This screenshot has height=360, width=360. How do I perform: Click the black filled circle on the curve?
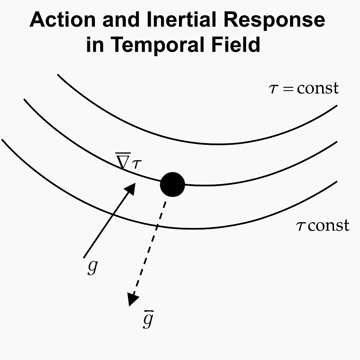point(172,185)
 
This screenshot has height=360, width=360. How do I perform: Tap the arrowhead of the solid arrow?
point(131,188)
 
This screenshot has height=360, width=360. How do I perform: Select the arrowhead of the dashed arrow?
point(133,300)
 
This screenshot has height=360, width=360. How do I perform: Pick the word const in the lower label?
point(329,225)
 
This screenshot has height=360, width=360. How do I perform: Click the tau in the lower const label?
point(301,226)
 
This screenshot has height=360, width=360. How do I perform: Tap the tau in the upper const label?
point(273,89)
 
